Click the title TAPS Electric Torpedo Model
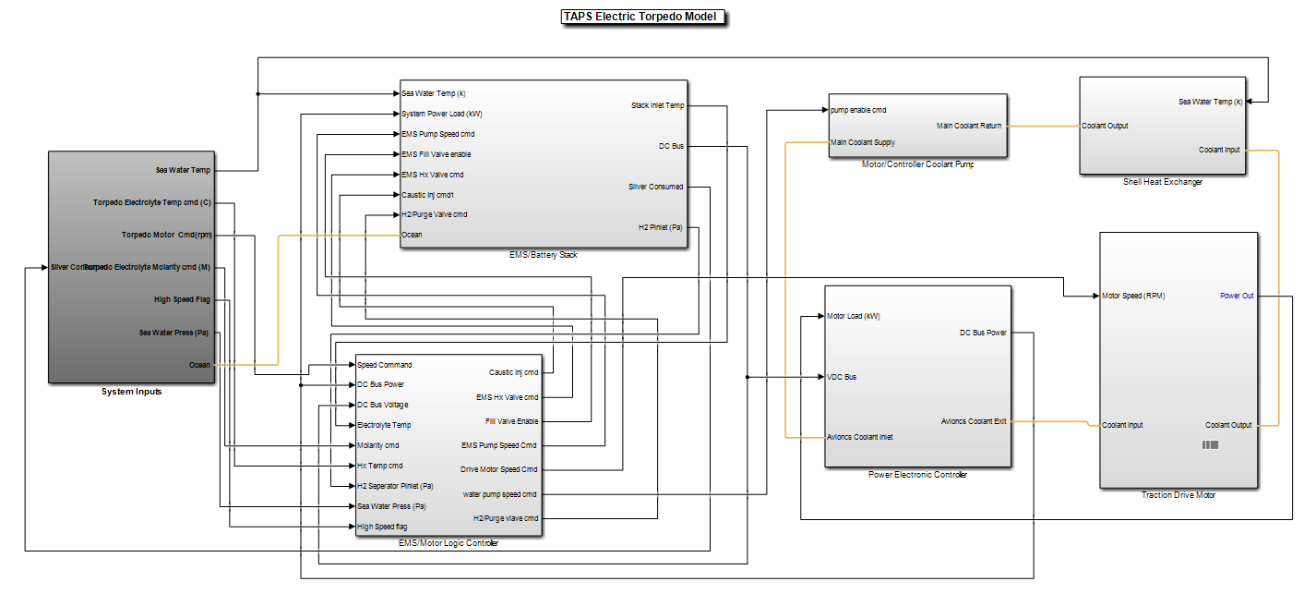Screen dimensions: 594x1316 point(643,17)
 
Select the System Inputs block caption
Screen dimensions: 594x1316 point(131,392)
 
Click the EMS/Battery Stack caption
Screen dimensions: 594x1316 point(543,255)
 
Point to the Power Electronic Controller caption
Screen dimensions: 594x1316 point(917,475)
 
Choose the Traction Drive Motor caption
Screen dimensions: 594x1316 point(1178,495)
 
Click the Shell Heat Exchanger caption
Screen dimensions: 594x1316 point(1162,182)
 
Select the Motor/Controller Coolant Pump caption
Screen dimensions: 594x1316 point(917,164)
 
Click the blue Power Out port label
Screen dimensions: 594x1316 point(1237,296)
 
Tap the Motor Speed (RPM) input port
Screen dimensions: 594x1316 point(1133,296)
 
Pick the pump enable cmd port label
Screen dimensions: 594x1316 point(857,110)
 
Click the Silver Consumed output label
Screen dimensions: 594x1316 point(656,187)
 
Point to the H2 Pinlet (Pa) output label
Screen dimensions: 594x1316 point(660,226)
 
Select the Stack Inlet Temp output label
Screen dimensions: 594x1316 point(657,105)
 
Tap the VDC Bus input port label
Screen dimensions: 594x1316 point(841,377)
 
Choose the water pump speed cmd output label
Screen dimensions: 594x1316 point(499,494)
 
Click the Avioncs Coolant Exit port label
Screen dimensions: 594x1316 point(973,421)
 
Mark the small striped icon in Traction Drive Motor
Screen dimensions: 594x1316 point(1209,445)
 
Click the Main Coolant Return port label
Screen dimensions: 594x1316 point(969,126)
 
